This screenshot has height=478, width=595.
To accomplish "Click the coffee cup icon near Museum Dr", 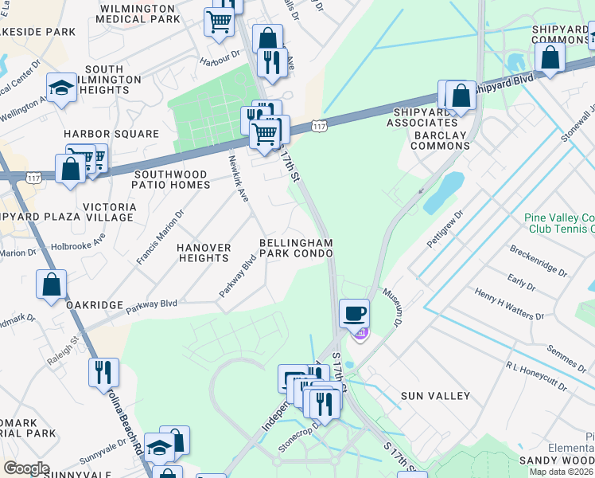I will point(354,312).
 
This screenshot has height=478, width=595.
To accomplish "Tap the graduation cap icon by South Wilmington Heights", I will point(61,87).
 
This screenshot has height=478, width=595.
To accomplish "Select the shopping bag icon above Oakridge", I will point(51,284).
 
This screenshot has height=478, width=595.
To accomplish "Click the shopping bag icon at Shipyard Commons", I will point(550,57).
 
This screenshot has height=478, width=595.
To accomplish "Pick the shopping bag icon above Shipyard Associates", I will point(461,96).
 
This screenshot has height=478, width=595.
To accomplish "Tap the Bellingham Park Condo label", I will point(296,248).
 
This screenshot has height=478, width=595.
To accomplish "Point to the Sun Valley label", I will point(435,396).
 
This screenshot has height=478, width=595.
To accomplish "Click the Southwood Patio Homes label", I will point(173,179).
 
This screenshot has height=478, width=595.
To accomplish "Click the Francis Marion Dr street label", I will point(159,237).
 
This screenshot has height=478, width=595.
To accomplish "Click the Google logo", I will point(26,469).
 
